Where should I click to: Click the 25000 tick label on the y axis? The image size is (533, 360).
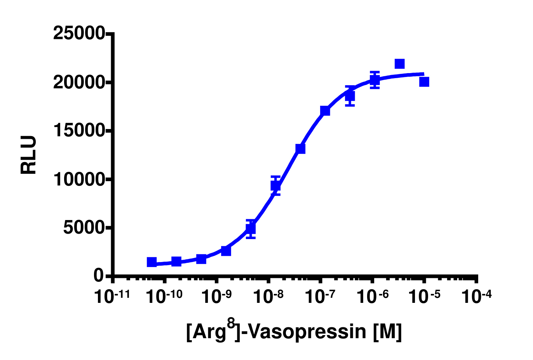pyautogui.click(x=79, y=33)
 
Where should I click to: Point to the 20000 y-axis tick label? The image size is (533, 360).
pyautogui.click(x=79, y=82)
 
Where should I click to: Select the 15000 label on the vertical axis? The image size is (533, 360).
pyautogui.click(x=79, y=131)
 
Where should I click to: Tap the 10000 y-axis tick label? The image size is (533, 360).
pyautogui.click(x=79, y=179)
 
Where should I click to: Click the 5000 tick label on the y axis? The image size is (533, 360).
pyautogui.click(x=84, y=227)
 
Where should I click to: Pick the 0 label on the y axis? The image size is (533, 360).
pyautogui.click(x=99, y=276)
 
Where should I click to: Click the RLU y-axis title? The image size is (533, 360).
pyautogui.click(x=29, y=155)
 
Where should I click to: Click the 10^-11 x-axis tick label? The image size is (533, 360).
pyautogui.click(x=112, y=297)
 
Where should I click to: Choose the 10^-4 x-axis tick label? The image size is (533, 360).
pyautogui.click(x=476, y=297)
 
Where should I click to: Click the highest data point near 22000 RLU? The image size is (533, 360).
pyautogui.click(x=399, y=64)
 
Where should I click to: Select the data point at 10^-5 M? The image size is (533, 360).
pyautogui.click(x=424, y=82)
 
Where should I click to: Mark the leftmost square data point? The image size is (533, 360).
pyautogui.click(x=152, y=262)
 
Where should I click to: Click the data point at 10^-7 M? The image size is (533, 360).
pyautogui.click(x=325, y=111)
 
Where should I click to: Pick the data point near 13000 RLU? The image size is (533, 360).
pyautogui.click(x=300, y=149)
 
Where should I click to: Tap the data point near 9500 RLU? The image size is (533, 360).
pyautogui.click(x=275, y=185)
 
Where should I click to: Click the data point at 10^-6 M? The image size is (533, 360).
pyautogui.click(x=374, y=80)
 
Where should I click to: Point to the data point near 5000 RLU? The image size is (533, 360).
pyautogui.click(x=251, y=229)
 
